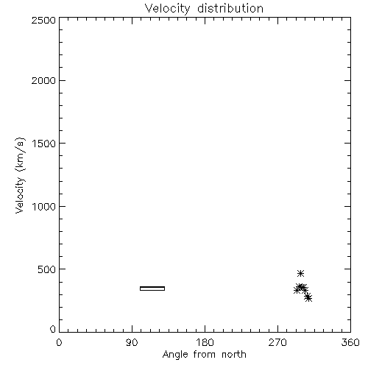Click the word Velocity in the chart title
(167, 9)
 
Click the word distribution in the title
(230, 8)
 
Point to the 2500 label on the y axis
(43, 20)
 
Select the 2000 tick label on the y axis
(43, 80)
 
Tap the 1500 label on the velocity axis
(44, 144)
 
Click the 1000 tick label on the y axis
(44, 206)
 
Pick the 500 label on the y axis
(47, 269)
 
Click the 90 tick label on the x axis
(132, 342)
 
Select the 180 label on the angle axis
(205, 342)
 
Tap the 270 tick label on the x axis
(277, 342)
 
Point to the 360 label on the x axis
(350, 342)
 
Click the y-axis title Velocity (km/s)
(20, 175)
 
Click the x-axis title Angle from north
(205, 355)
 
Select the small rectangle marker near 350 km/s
(152, 289)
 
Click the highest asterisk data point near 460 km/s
(300, 273)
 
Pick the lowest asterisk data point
(308, 298)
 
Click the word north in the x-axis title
(234, 354)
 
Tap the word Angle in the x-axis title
(175, 355)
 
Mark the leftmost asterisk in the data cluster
(297, 290)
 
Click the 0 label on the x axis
(59, 342)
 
